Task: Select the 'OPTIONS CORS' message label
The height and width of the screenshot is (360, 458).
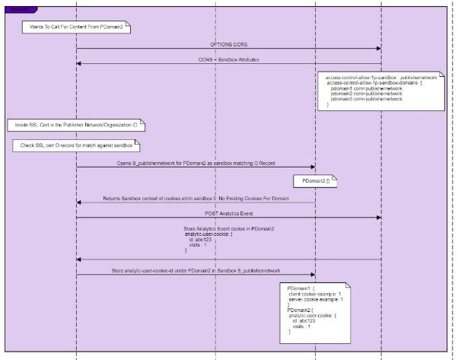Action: [228, 46]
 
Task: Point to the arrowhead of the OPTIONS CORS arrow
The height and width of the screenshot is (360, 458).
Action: [378, 49]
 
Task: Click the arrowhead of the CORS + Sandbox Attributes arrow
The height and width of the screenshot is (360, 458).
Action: [79, 64]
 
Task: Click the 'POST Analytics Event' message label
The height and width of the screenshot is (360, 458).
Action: [228, 213]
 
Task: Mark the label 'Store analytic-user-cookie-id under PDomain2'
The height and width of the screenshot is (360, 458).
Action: [196, 270]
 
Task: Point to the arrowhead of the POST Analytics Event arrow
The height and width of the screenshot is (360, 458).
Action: [378, 217]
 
